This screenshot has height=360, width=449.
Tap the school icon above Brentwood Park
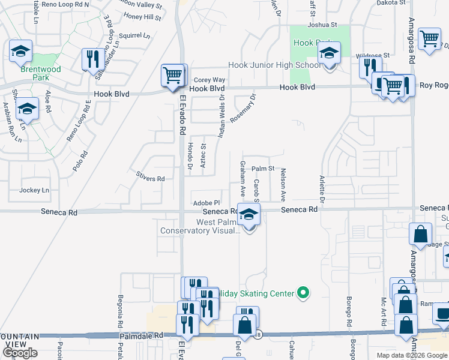21,52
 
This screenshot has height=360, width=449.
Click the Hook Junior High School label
274,65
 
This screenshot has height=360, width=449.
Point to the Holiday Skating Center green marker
304,293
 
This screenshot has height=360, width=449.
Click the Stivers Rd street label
150,179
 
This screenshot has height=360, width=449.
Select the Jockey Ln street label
34,190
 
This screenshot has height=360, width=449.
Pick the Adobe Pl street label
206,203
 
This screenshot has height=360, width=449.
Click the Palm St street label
263,169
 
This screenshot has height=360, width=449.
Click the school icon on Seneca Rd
248,214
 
